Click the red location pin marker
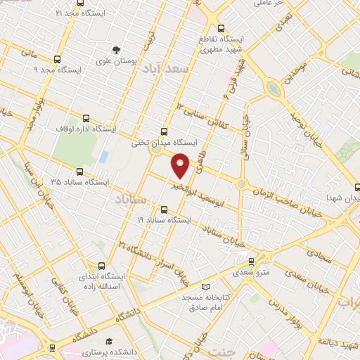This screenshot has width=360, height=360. coord(181,165)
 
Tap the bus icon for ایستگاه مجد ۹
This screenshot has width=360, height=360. coord(58,60)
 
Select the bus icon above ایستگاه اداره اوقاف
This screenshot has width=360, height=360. coord(86,118)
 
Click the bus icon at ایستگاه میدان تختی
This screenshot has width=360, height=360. coord(165,131)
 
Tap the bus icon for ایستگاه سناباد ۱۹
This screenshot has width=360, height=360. coord(165,209)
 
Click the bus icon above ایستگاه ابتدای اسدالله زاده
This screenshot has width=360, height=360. coord(103,266)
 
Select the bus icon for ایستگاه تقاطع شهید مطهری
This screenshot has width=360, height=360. coord(221,29)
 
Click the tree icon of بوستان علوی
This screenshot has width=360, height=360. coord(116,49)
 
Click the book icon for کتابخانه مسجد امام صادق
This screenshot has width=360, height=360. coord(205,287)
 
